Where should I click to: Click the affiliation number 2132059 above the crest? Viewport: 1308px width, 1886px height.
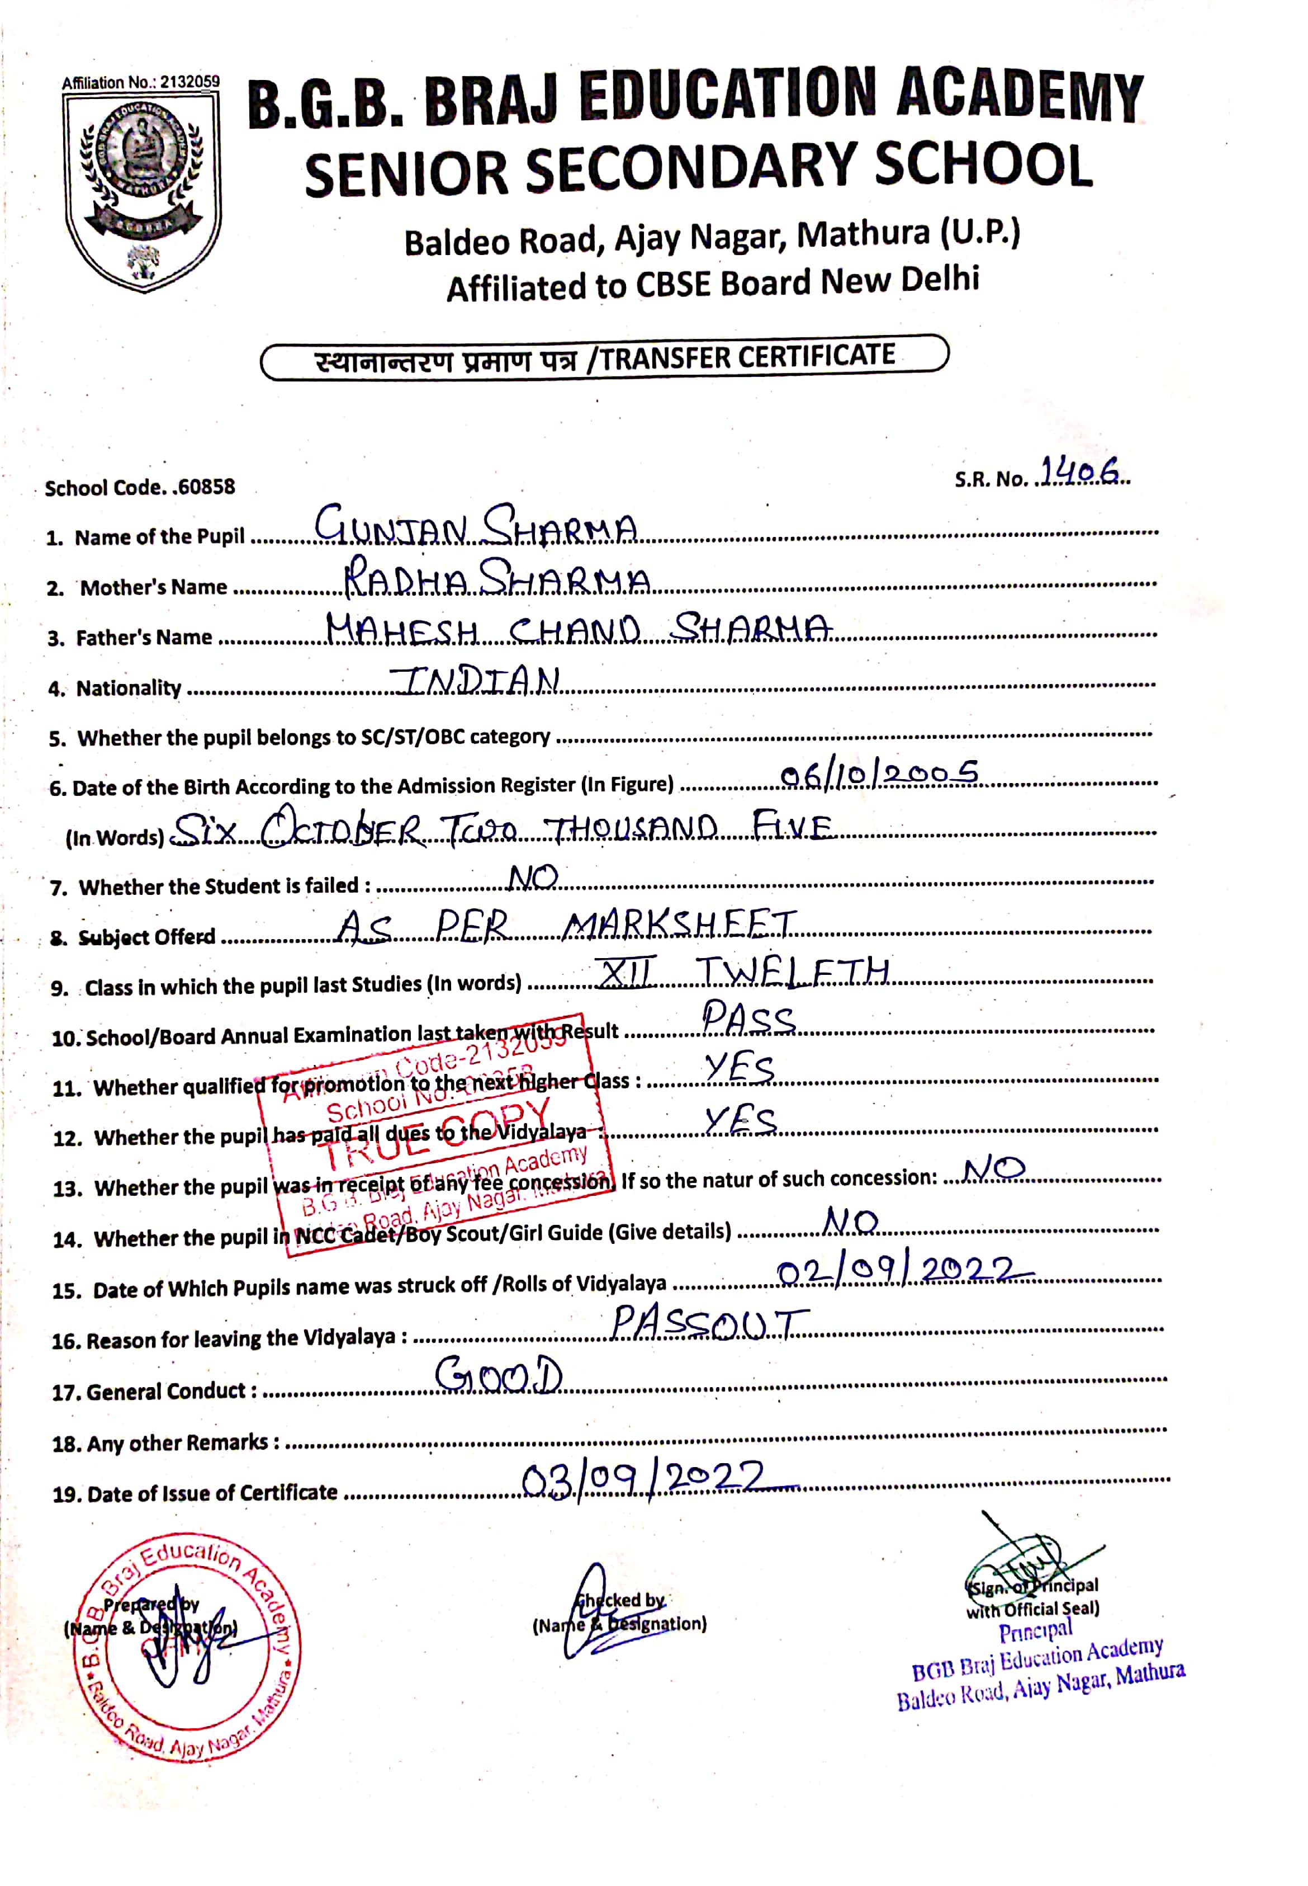click(189, 82)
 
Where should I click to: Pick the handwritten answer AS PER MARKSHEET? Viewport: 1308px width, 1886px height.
click(566, 927)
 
